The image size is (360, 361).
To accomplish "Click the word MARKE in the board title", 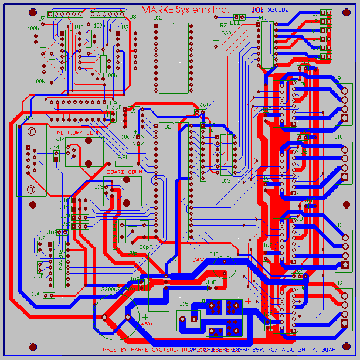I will pyautogui.click(x=156, y=9).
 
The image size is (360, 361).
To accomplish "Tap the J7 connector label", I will pyautogui.click(x=42, y=19).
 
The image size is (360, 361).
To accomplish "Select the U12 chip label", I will pyautogui.click(x=157, y=19).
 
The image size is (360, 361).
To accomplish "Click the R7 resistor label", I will pyautogui.click(x=223, y=26).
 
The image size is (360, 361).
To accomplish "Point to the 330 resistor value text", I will pyautogui.click(x=226, y=34).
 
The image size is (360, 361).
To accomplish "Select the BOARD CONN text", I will pyautogui.click(x=124, y=172).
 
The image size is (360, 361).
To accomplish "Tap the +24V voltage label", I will pyautogui.click(x=195, y=258).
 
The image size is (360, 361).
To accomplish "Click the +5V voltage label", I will pyautogui.click(x=147, y=323).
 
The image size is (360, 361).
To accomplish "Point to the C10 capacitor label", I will pyautogui.click(x=213, y=254).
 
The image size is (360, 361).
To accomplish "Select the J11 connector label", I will pyautogui.click(x=338, y=224).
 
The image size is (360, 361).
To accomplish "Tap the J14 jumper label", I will pyautogui.click(x=55, y=148).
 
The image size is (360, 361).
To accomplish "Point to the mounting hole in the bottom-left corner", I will pyautogui.click(x=9, y=350).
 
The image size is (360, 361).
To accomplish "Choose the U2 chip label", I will pyautogui.click(x=168, y=126).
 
